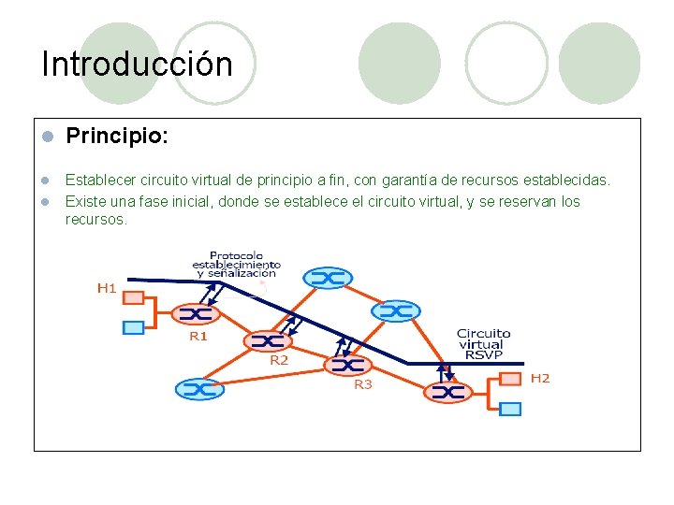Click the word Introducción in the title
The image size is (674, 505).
pyautogui.click(x=137, y=65)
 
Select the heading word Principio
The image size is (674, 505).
pyautogui.click(x=116, y=137)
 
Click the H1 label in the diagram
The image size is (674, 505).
pyautogui.click(x=108, y=288)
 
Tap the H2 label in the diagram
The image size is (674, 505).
pyautogui.click(x=540, y=378)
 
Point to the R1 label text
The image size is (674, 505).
pyautogui.click(x=198, y=336)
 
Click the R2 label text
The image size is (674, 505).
pyautogui.click(x=279, y=360)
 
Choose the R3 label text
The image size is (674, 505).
pyautogui.click(x=362, y=383)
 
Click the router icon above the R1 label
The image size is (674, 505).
pyautogui.click(x=194, y=313)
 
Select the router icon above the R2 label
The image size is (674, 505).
pyautogui.click(x=268, y=340)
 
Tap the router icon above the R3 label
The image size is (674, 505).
pyautogui.click(x=346, y=364)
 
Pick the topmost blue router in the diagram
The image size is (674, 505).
pyautogui.click(x=328, y=278)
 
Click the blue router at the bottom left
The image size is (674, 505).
pyautogui.click(x=199, y=389)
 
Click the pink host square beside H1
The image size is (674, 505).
pyautogui.click(x=134, y=297)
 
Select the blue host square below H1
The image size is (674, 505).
pyautogui.click(x=134, y=327)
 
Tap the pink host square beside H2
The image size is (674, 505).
pyautogui.click(x=510, y=379)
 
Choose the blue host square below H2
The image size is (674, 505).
pyautogui.click(x=510, y=409)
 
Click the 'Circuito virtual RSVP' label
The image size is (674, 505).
pyautogui.click(x=483, y=343)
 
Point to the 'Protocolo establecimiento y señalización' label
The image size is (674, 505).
pyautogui.click(x=237, y=264)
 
